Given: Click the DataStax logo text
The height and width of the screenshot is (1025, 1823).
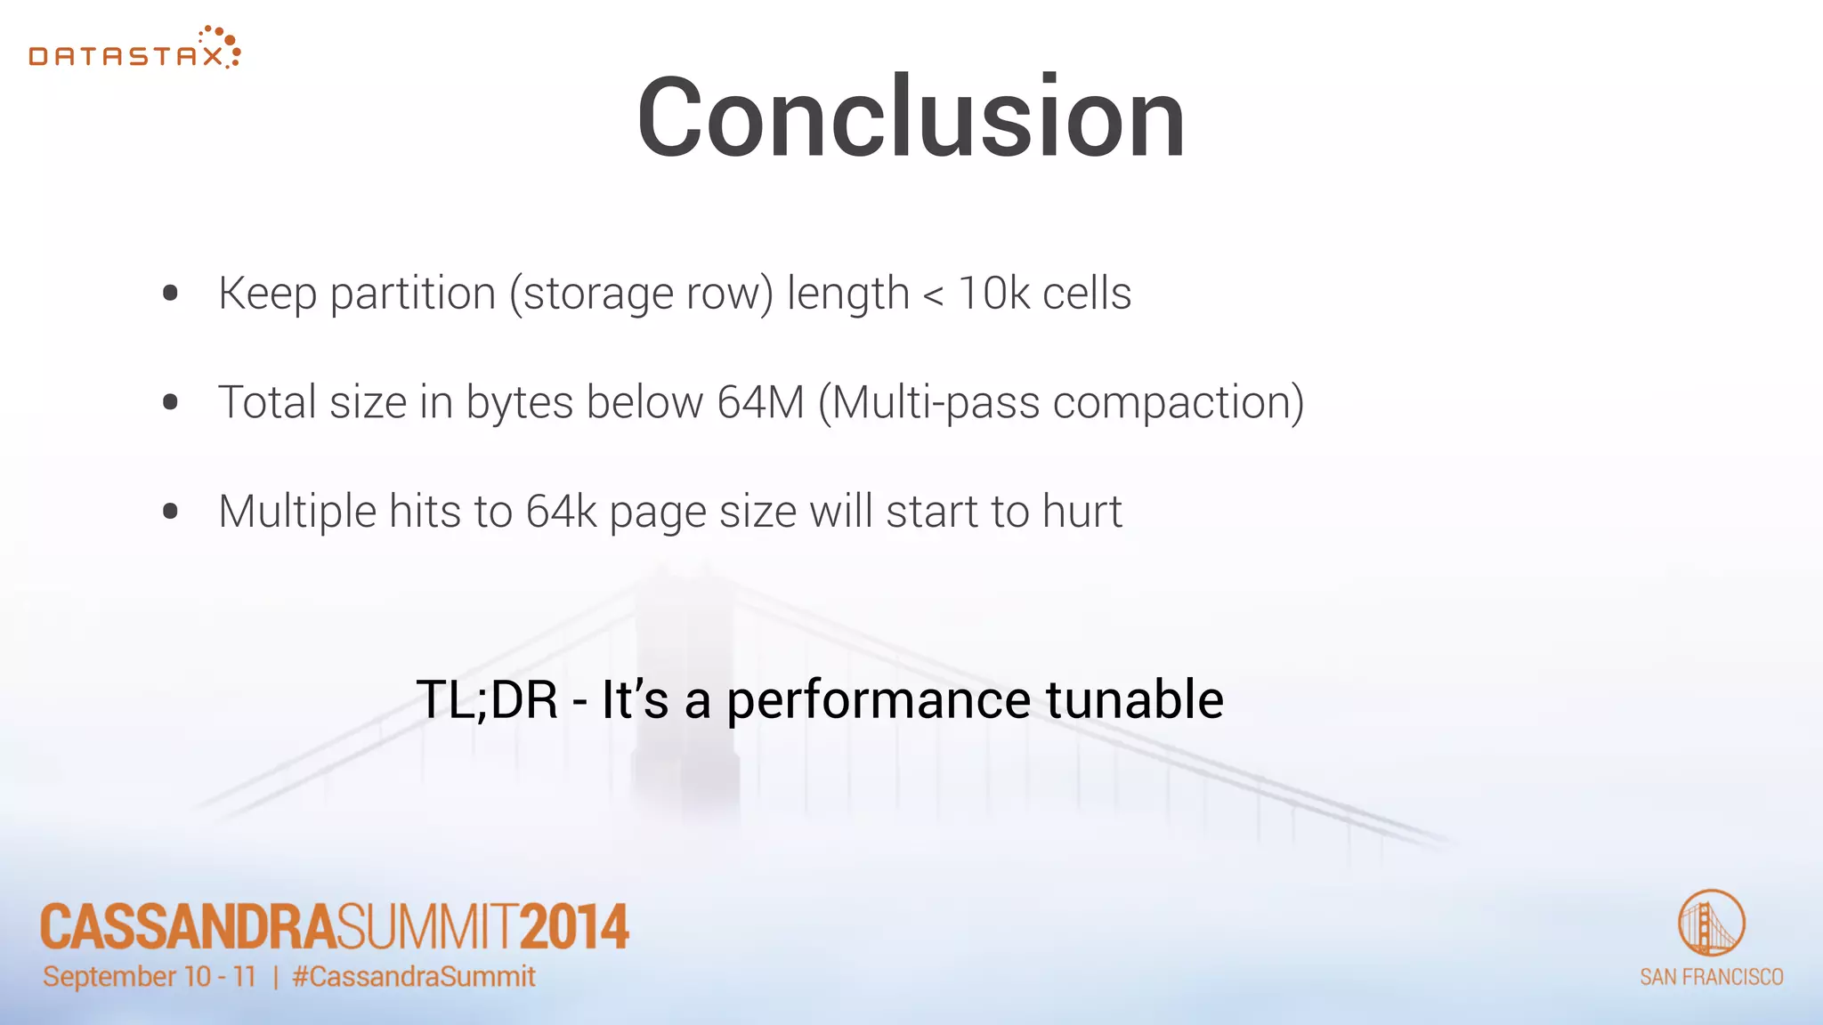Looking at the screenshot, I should coord(126,57).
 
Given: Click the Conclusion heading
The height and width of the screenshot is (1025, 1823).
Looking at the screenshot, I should coord(911,117).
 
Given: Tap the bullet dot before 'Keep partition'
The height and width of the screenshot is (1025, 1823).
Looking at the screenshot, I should coord(171,293).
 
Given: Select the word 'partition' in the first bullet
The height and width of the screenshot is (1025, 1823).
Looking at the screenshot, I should coord(412,294).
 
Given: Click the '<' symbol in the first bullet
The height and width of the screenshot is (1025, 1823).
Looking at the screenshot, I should coord(933,296).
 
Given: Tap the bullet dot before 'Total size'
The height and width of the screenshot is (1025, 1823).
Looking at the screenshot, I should coord(171,402).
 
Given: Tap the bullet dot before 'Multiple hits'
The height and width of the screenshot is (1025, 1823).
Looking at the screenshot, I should coord(171,512).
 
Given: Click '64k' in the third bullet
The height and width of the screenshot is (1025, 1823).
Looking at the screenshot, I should coord(561,512).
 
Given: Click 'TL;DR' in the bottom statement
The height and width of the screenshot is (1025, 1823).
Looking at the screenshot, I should coord(487,699).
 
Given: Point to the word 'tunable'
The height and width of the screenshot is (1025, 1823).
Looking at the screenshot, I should coord(1134,699).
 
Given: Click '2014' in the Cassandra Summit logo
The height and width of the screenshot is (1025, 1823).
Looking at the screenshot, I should coord(574,927).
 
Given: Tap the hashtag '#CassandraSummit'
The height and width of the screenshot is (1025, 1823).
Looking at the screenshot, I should coord(414,977).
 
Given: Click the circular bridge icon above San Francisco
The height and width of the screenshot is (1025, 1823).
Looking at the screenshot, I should coord(1711,923).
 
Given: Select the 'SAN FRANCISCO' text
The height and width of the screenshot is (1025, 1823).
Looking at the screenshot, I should coord(1711,977).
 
